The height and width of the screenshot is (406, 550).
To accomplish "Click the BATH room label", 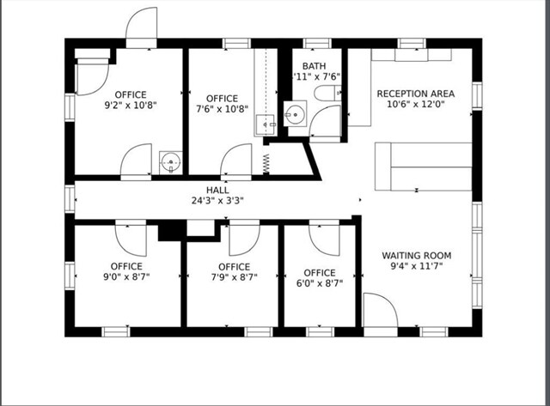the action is [x=314, y=66].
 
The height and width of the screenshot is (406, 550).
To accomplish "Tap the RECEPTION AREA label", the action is [x=416, y=94].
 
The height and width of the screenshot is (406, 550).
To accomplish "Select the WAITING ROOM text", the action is [x=416, y=256].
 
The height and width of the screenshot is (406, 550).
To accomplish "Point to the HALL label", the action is [x=217, y=191].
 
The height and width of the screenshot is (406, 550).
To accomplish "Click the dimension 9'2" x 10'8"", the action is [x=131, y=105].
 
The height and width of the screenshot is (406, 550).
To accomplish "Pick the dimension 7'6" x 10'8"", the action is [x=222, y=109].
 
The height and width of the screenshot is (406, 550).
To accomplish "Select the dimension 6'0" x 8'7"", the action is [x=320, y=283].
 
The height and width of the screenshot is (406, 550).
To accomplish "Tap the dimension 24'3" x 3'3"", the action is [x=217, y=201].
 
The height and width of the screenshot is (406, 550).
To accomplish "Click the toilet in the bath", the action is [x=327, y=94].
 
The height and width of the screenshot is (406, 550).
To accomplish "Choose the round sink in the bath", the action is [x=295, y=114].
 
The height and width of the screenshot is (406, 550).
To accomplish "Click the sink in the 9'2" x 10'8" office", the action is [x=171, y=162].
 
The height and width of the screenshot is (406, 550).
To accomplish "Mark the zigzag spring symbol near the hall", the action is [x=266, y=164].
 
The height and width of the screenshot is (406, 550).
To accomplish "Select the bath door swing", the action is [x=325, y=121].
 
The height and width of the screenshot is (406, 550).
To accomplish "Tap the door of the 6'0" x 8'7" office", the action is [x=324, y=240].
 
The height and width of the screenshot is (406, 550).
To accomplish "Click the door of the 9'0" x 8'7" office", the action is [x=131, y=240].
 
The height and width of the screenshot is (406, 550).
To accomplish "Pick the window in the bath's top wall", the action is [x=317, y=44].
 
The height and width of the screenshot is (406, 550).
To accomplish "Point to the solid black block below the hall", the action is [x=172, y=231].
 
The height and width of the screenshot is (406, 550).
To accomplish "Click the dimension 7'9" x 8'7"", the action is [x=235, y=277].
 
